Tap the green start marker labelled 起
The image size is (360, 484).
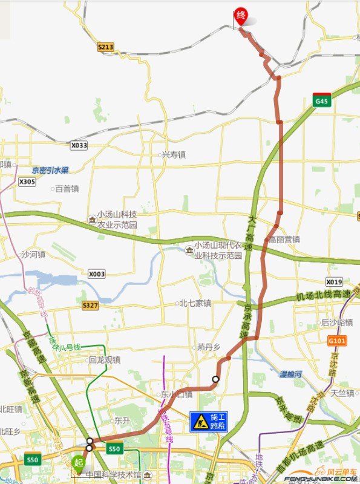pos(78,462)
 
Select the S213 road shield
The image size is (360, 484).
pos(105,46)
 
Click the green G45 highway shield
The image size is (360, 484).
pos(321,101)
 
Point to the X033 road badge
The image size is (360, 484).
pos(79,145)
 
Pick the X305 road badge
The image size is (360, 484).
pos(27,181)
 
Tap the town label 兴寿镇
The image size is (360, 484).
pos(174,155)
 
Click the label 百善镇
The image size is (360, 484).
pos(67,189)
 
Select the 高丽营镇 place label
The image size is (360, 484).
pos(284,240)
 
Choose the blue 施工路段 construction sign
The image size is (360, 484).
pos(210,422)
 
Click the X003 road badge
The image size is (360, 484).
pos(96,274)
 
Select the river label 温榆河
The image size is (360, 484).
pos(290,374)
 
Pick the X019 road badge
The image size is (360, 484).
pos(334,282)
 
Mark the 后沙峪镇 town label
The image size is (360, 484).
pos(337,322)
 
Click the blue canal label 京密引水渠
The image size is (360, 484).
pos(50,170)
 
